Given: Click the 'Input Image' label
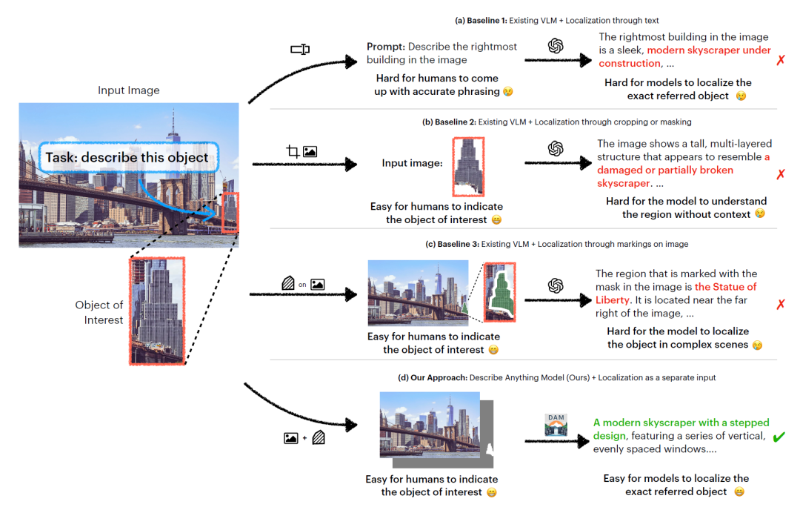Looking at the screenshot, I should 129,90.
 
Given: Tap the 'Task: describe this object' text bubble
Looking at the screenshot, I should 127,157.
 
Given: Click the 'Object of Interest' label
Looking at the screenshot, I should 99,312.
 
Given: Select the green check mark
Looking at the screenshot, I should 779,437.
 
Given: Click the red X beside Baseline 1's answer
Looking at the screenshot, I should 781,60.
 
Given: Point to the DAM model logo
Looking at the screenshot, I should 555,425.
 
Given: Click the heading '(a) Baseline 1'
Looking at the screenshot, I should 484,20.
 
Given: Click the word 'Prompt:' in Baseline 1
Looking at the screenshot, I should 385,47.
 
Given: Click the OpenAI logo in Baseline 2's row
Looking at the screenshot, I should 556,149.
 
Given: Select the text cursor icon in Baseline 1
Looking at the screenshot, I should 300,50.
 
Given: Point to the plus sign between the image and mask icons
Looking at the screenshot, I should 304,437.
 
